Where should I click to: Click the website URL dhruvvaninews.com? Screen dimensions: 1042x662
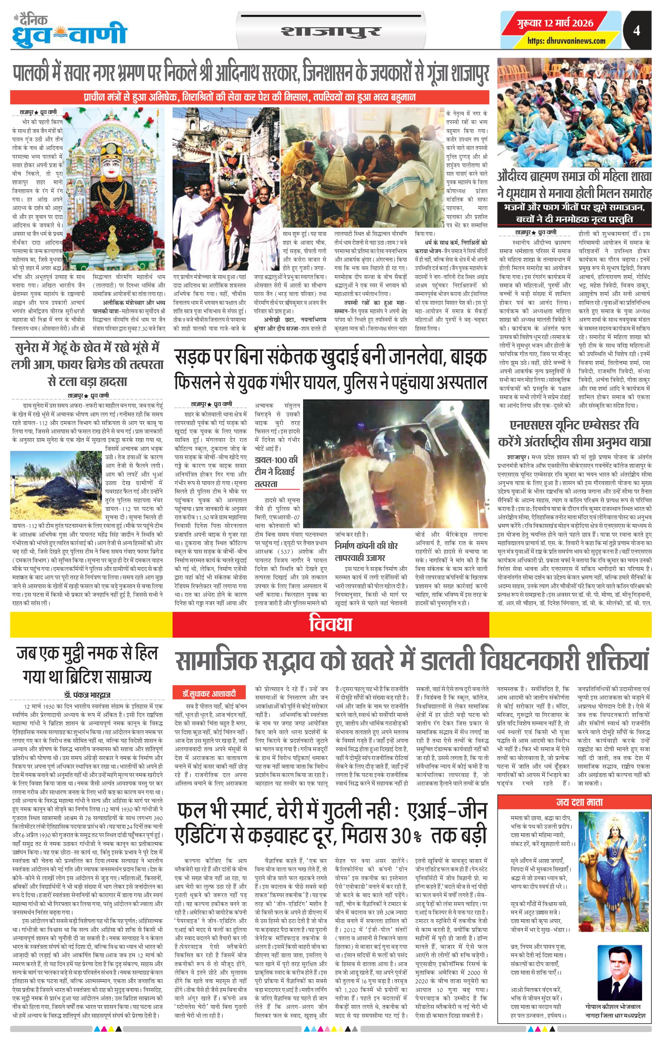pyautogui.click(x=566, y=41)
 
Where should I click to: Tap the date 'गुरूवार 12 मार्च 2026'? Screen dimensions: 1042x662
pyautogui.click(x=555, y=23)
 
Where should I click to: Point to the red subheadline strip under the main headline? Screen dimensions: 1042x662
pyautogui.click(x=249, y=96)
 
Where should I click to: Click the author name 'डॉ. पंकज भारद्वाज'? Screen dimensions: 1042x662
pyautogui.click(x=87, y=695)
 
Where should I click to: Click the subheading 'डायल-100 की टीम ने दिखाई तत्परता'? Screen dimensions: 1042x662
pyautogui.click(x=276, y=472)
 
